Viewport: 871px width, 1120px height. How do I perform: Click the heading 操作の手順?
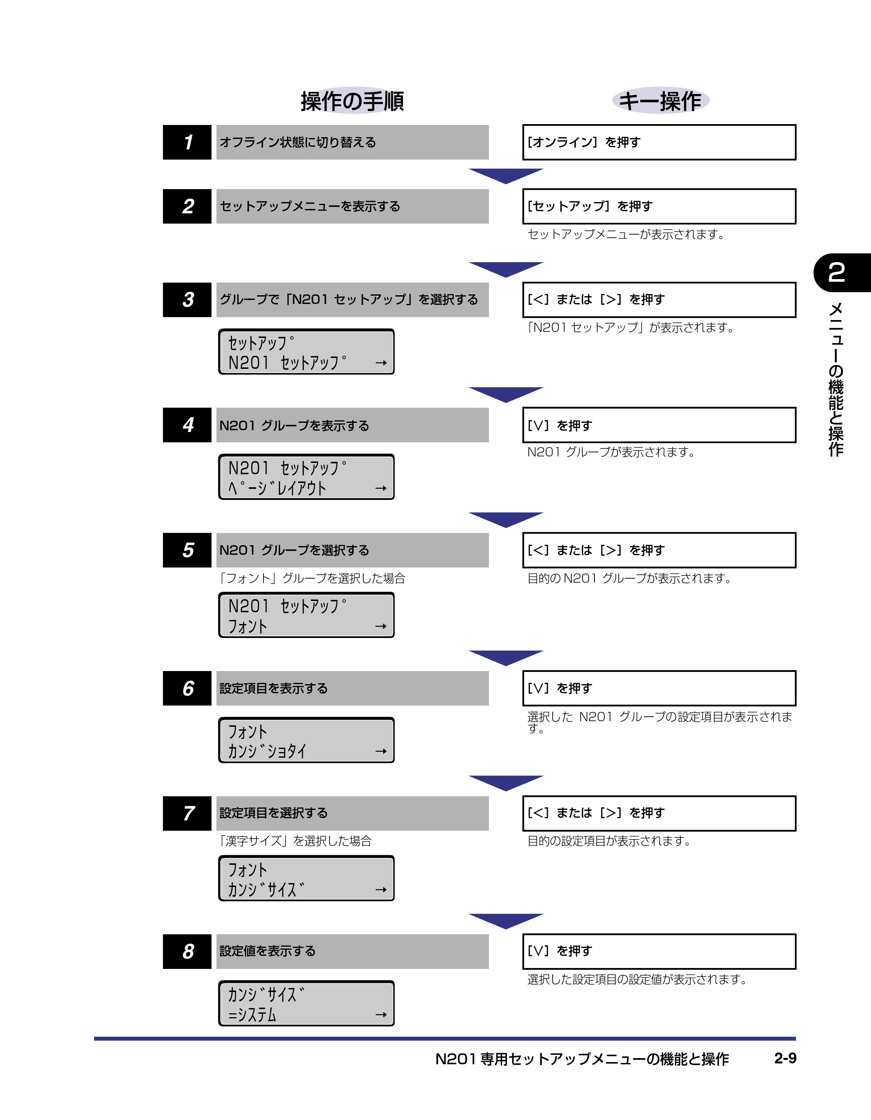(x=352, y=101)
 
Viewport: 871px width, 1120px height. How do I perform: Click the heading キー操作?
(x=660, y=101)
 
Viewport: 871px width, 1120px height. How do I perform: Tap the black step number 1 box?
(x=187, y=142)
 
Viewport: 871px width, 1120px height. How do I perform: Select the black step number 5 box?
(x=187, y=550)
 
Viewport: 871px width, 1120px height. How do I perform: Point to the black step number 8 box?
(x=187, y=951)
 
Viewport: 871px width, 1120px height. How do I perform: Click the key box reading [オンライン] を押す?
(x=659, y=142)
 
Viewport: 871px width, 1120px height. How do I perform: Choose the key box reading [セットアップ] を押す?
(x=659, y=206)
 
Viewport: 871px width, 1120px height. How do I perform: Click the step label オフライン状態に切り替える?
(x=297, y=142)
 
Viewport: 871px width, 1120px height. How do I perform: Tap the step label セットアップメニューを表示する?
(x=310, y=206)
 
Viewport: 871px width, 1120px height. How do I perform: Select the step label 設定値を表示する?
(x=267, y=951)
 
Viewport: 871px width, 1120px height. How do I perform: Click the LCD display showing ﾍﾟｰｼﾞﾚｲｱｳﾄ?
(x=306, y=477)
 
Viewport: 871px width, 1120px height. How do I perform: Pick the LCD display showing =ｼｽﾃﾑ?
(x=306, y=1004)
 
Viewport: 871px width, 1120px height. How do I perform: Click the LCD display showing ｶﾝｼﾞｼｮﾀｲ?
(x=306, y=740)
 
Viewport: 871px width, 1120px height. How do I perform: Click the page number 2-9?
(x=785, y=1058)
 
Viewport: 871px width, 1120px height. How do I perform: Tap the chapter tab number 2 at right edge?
(x=837, y=272)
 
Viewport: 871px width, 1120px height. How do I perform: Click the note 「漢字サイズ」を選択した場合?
(x=295, y=840)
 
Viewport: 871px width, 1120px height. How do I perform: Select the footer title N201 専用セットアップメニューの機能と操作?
(x=582, y=1059)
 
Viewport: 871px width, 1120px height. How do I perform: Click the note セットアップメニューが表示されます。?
(x=626, y=234)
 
